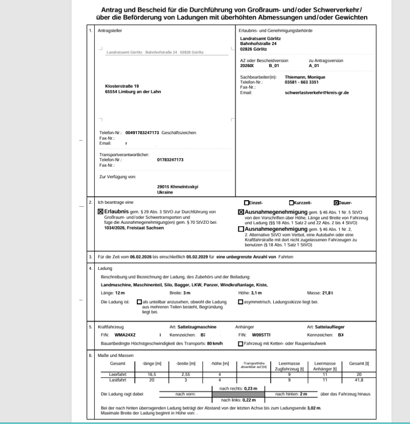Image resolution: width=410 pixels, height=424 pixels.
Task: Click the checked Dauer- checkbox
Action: (x=336, y=202)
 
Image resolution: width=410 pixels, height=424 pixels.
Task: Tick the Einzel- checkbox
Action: (x=247, y=202)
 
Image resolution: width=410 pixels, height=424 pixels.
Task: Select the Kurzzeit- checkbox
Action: (x=292, y=202)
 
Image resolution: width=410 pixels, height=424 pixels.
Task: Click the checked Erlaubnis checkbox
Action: (x=100, y=211)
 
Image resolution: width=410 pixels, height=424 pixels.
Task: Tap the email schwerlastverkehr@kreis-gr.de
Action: (x=317, y=93)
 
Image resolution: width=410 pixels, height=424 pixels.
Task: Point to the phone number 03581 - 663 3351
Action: (x=302, y=82)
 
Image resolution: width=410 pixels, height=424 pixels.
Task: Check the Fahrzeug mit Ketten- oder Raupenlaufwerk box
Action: (x=241, y=343)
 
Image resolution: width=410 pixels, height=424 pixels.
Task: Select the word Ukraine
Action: (x=165, y=192)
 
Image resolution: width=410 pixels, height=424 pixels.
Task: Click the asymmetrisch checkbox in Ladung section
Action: (x=241, y=302)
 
